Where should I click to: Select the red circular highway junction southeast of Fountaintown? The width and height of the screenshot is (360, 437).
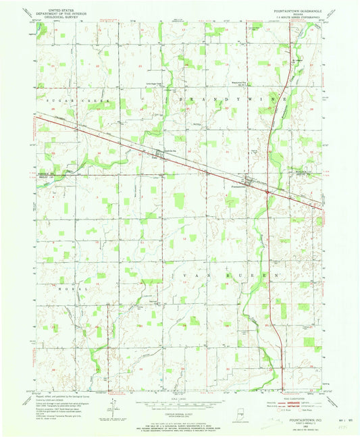click(267, 192)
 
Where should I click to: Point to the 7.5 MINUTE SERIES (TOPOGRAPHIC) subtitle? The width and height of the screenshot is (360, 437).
click(290, 19)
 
